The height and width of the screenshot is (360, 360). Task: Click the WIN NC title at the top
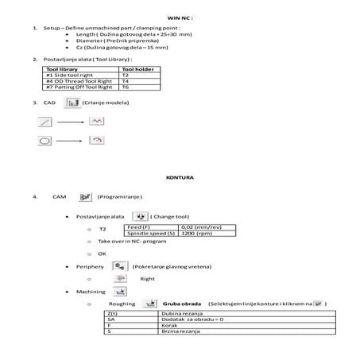(180, 15)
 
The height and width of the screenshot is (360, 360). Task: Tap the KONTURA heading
(180, 177)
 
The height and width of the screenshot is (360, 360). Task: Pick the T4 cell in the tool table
(125, 81)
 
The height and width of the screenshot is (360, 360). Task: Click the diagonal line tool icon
(45, 122)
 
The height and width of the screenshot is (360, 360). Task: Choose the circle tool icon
(45, 141)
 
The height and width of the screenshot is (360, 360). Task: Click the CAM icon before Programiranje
(85, 195)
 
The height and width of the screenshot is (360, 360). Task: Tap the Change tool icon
(138, 215)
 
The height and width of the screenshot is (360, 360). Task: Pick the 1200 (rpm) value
(191, 233)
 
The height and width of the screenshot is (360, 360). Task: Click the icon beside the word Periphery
(121, 266)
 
